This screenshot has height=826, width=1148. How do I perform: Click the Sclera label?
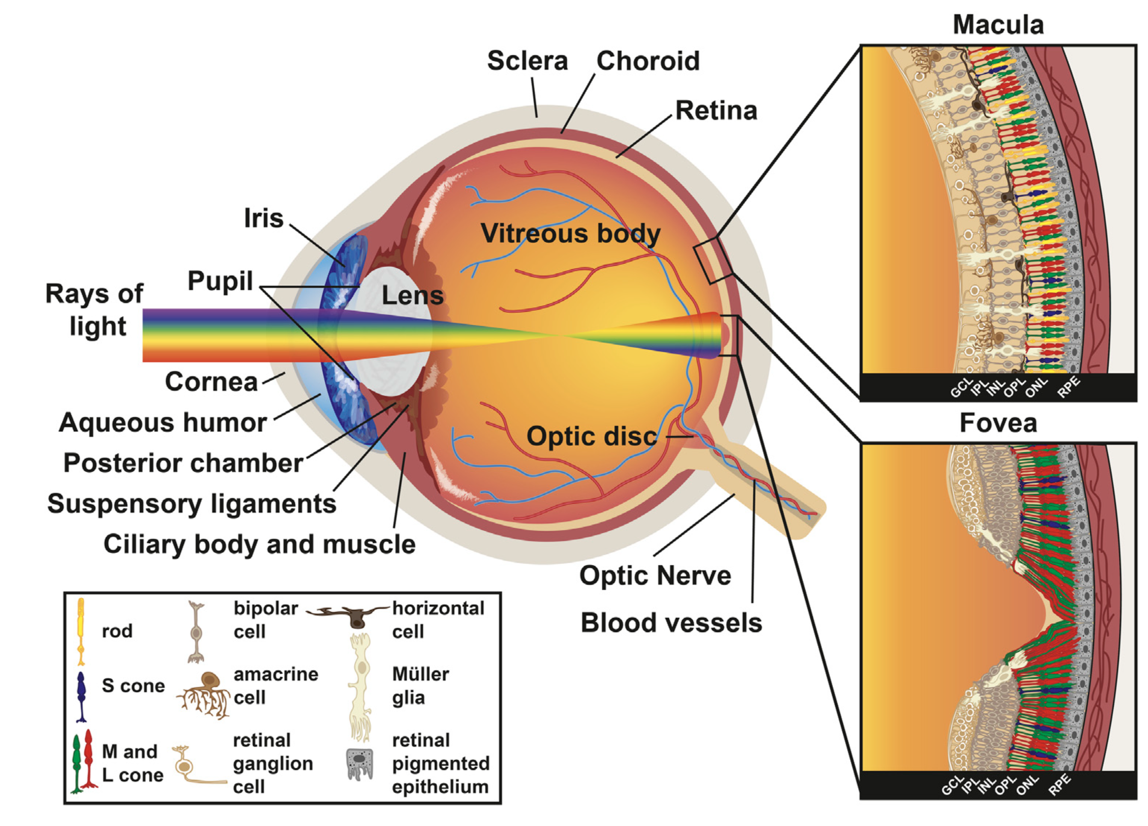(x=527, y=61)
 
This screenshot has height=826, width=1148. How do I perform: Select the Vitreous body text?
(x=571, y=233)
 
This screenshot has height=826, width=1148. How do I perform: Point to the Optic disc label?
(x=591, y=436)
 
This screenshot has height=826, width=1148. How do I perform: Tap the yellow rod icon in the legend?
(x=80, y=631)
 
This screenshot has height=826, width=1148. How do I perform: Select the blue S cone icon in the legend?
(x=81, y=696)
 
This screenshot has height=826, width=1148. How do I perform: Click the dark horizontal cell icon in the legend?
(x=357, y=615)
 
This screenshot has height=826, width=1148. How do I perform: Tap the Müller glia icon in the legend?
(x=361, y=686)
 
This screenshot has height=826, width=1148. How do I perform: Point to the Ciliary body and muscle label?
(x=259, y=544)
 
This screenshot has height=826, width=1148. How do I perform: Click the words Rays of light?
(x=95, y=310)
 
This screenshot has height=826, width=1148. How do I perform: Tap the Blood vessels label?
(x=671, y=623)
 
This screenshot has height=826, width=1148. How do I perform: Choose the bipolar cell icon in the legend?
(x=196, y=632)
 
